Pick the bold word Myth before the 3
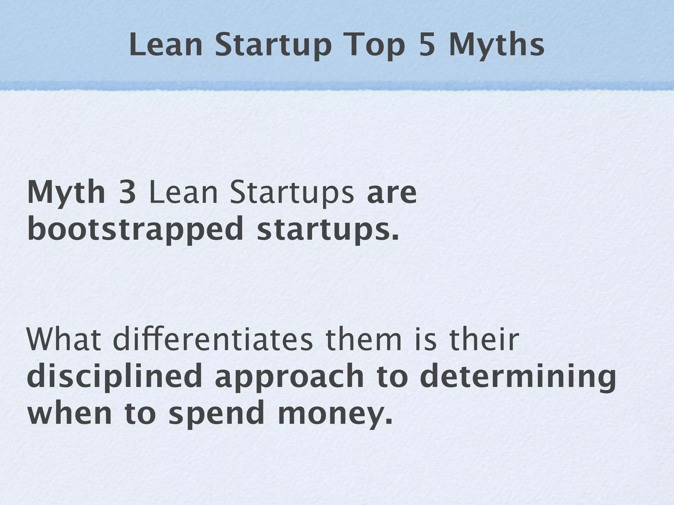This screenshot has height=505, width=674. pos(66,193)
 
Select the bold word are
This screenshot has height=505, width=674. pos(392,193)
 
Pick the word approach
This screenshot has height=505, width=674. pos(289,377)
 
